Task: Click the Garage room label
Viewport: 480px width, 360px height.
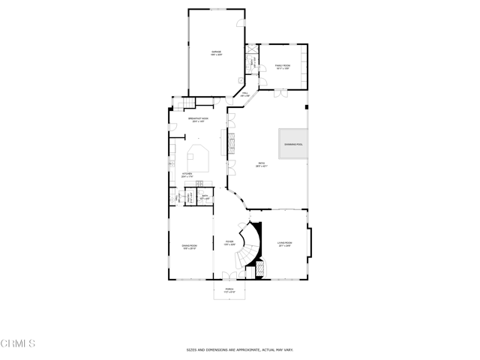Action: (216, 52)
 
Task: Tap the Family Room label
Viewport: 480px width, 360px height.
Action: (282, 67)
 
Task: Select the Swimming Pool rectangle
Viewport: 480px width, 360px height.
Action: (293, 144)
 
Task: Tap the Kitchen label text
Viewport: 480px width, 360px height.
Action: (187, 175)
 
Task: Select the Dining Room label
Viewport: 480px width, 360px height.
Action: (189, 247)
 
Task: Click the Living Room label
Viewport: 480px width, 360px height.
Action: (284, 244)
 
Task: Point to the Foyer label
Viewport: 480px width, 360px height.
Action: (229, 243)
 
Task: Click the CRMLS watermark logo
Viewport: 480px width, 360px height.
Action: (18, 343)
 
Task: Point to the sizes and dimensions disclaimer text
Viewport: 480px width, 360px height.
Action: (239, 349)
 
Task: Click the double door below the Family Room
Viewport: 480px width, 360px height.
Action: (280, 94)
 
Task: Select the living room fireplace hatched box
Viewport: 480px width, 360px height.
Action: (261, 268)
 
